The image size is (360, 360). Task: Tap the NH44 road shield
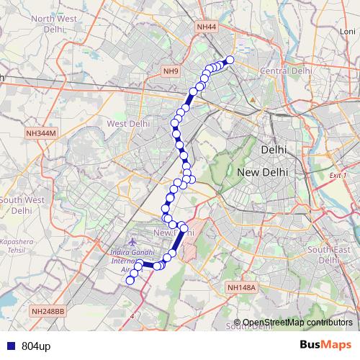(x=206, y=27)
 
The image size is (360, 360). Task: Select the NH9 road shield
(x=171, y=71)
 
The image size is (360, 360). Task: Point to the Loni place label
(x=349, y=32)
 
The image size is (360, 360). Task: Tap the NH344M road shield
(x=40, y=133)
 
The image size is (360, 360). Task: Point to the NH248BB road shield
(x=48, y=311)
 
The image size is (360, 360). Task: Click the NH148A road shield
(x=241, y=288)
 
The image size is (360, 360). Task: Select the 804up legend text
(x=36, y=346)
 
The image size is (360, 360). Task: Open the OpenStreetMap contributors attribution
(x=297, y=322)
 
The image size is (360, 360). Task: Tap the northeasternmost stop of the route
(x=230, y=60)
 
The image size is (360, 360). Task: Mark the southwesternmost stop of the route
(x=130, y=281)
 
